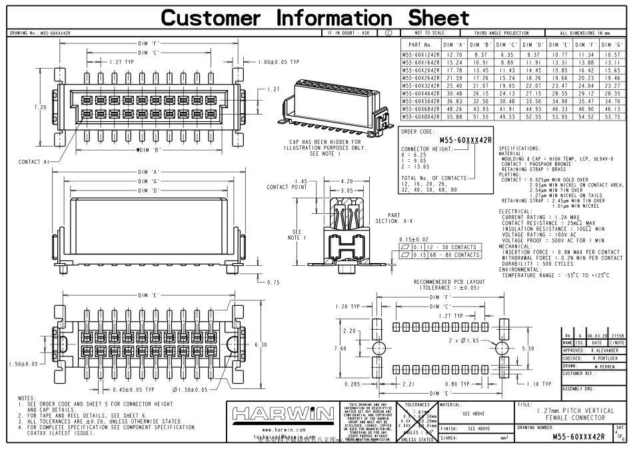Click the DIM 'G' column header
point(614,45)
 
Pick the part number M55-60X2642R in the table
point(421,79)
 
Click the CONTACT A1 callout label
point(35,161)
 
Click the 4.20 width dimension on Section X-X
point(346,181)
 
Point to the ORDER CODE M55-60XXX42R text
point(465,140)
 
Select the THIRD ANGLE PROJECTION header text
point(501,32)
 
